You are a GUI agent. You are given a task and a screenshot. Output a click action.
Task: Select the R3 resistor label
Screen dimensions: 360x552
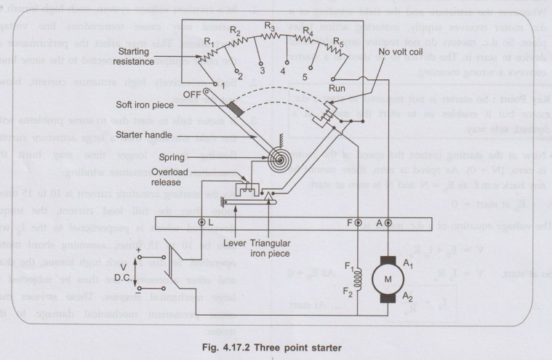coord(270,27)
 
